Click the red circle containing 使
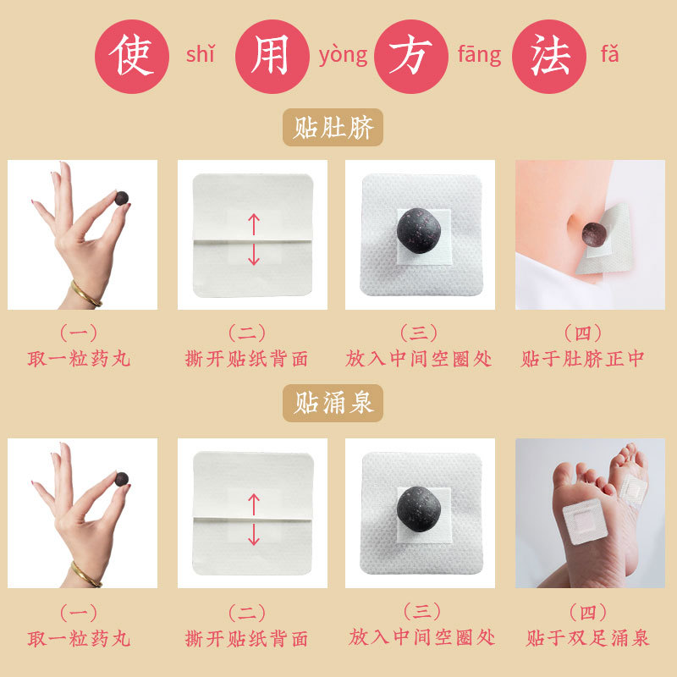(132, 57)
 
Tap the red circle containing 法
(549, 57)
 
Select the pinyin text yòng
(344, 56)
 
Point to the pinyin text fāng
(480, 55)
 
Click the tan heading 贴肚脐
(333, 128)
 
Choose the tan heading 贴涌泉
(333, 404)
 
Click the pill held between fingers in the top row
(122, 198)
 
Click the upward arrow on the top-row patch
(254, 224)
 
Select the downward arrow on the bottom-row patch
(254, 535)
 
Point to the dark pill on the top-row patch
(418, 231)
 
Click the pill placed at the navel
(594, 234)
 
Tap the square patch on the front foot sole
(586, 521)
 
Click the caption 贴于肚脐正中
(582, 359)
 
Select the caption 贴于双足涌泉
(587, 638)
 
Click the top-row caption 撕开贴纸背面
(246, 359)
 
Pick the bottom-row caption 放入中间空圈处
(421, 637)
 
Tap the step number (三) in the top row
(418, 333)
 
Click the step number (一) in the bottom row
(78, 613)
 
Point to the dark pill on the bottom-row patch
(418, 509)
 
